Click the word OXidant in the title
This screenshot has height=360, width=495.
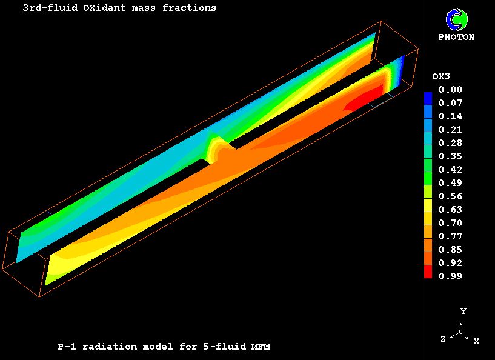tap(104, 8)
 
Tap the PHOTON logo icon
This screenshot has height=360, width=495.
tap(456, 19)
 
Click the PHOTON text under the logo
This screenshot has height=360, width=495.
tap(456, 37)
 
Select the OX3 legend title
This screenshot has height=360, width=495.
tap(441, 76)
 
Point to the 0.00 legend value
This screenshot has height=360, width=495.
tap(450, 90)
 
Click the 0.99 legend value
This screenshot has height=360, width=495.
tap(450, 276)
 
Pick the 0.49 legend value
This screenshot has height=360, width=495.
tap(450, 183)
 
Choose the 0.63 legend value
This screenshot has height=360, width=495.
tap(450, 210)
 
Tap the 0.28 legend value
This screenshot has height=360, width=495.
tap(450, 143)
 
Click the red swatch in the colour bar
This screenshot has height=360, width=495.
tap(428, 272)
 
